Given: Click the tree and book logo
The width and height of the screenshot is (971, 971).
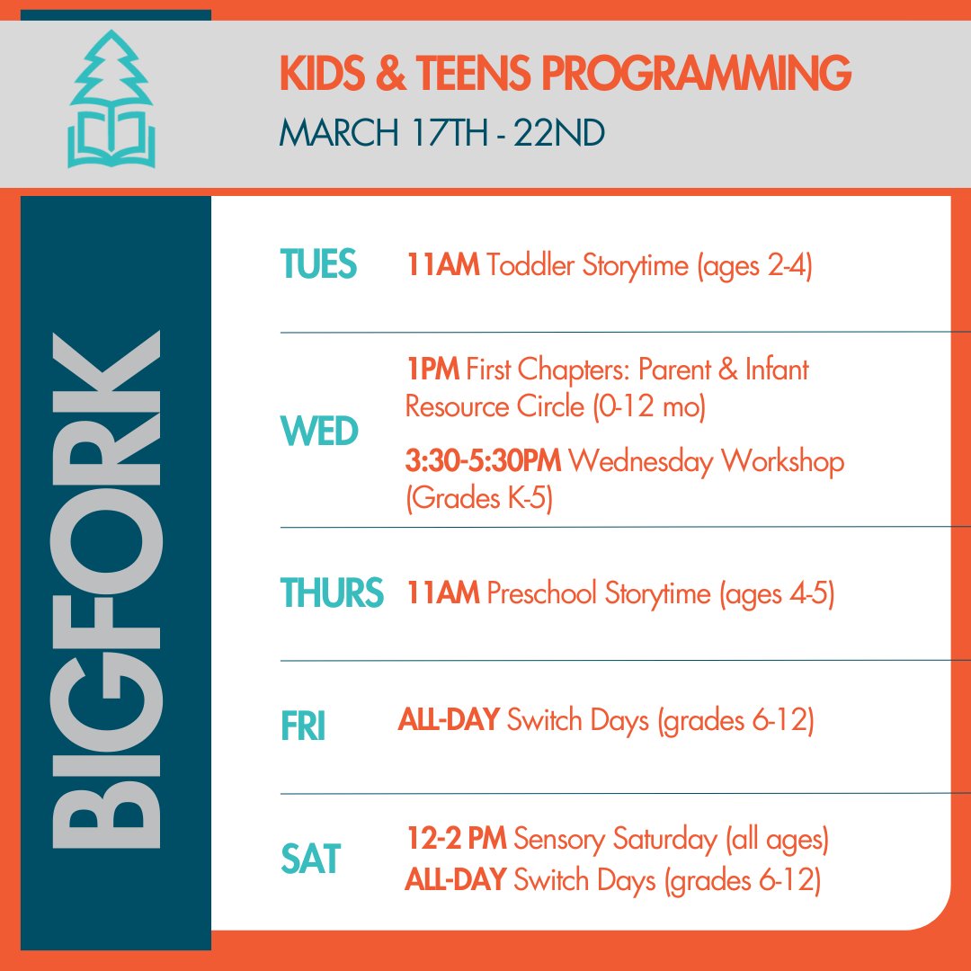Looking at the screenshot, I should (111, 99).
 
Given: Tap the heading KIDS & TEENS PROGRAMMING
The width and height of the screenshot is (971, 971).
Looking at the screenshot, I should (565, 73).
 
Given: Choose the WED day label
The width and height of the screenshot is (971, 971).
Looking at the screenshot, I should (319, 432).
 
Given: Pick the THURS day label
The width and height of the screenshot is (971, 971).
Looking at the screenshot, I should (331, 593).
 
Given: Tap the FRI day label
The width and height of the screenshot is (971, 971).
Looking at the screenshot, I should (302, 727).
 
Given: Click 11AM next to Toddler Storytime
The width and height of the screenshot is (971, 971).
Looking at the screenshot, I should (441, 267).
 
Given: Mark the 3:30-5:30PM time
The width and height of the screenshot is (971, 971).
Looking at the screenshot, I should (483, 462).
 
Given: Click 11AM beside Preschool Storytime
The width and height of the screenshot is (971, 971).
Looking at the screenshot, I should (441, 593).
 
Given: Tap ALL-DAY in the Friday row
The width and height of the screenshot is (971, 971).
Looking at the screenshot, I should (448, 720).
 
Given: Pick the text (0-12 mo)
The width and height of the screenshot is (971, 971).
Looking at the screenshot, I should (648, 406).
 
